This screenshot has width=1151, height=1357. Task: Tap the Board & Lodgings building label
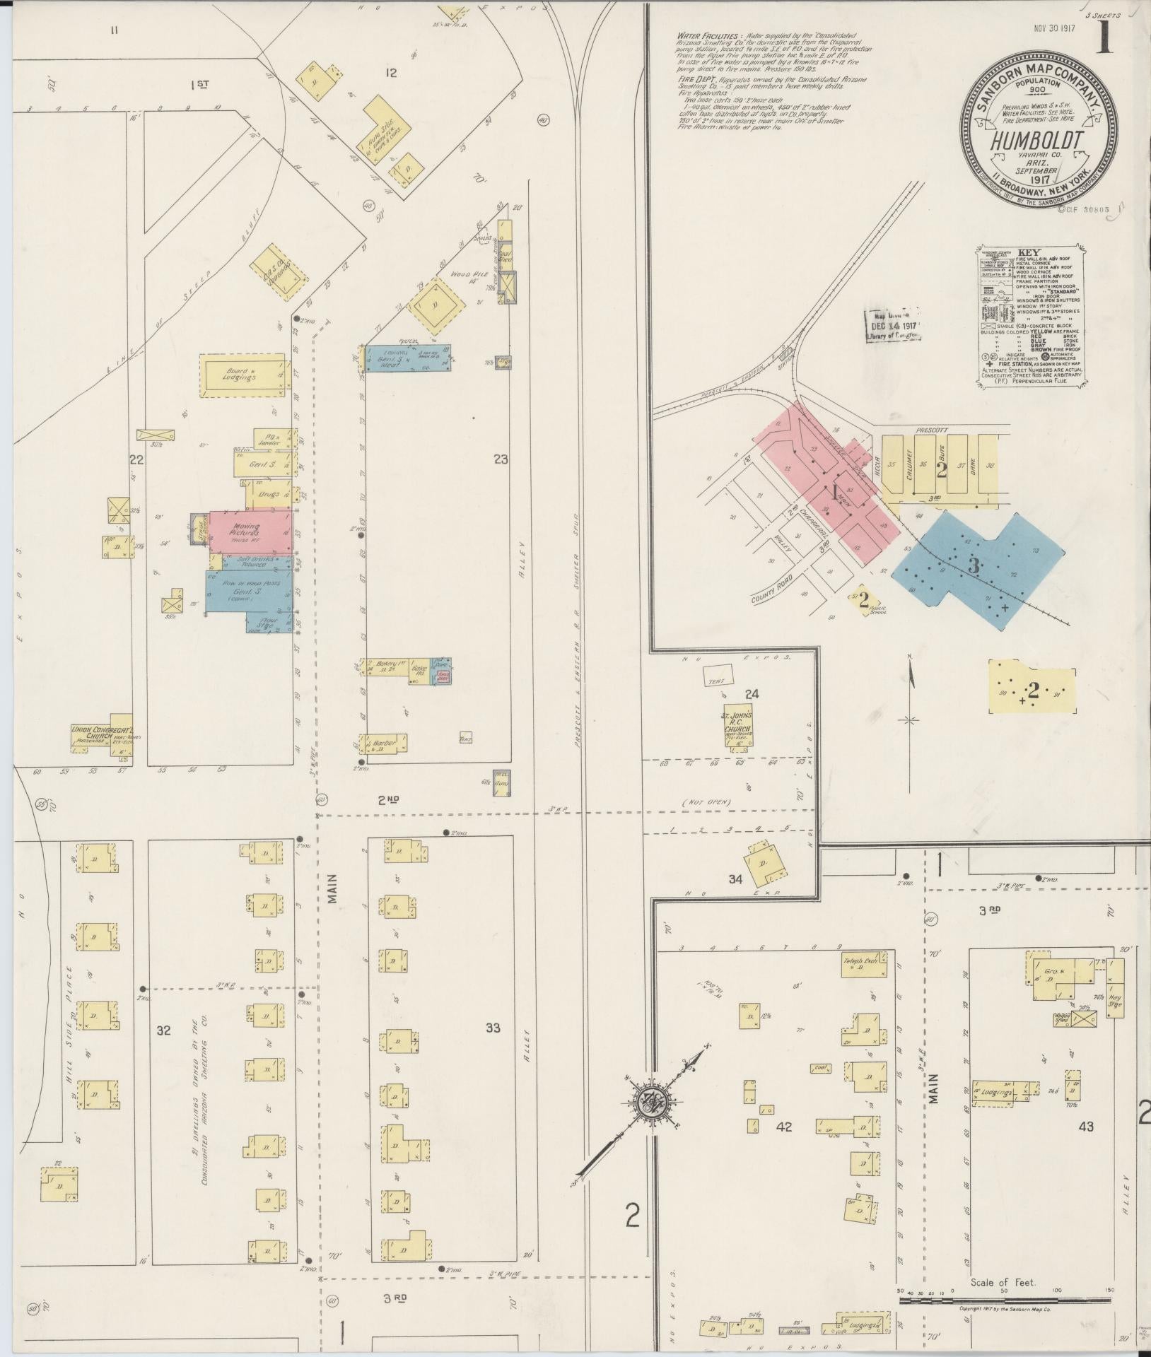point(241,374)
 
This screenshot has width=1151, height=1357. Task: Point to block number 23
point(501,459)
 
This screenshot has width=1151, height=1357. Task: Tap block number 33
point(493,1028)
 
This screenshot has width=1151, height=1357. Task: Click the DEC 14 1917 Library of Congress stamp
point(893,325)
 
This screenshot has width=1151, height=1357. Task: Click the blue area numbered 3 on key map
point(974,565)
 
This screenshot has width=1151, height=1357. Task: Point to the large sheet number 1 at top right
point(1103,39)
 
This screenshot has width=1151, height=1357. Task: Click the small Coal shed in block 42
point(821,1068)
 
